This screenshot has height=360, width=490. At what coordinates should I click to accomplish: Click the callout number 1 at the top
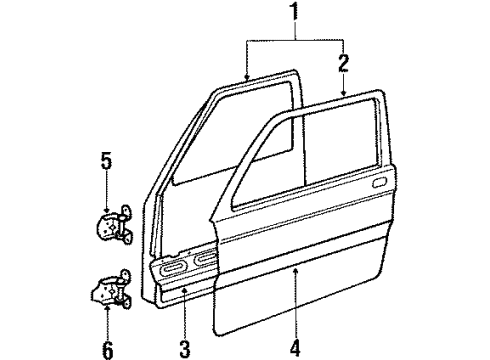(x=294, y=14)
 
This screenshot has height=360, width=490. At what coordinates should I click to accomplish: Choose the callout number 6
(x=107, y=324)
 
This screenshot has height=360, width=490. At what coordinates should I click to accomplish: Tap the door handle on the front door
(x=379, y=184)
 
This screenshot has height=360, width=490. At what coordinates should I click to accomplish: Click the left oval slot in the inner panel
(x=171, y=268)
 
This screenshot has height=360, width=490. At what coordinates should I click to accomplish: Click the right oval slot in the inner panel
(x=207, y=264)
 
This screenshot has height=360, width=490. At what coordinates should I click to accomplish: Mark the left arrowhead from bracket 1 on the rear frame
(x=246, y=77)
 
